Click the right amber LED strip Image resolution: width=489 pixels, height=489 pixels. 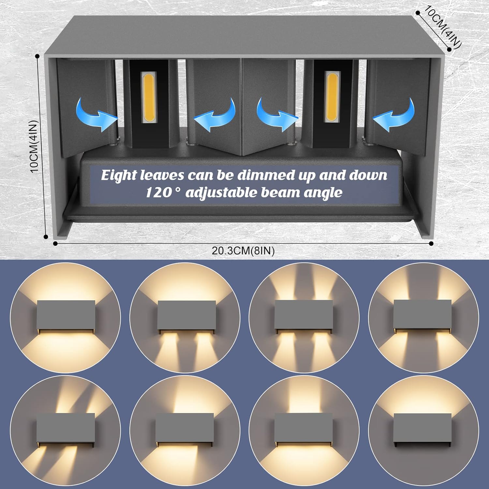(x=332, y=97)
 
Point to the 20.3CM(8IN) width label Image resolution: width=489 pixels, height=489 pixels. (x=243, y=251)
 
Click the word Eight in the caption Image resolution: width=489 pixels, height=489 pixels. (x=119, y=176)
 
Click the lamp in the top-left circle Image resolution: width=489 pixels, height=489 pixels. (x=67, y=315)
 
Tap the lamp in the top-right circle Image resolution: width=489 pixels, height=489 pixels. (x=422, y=315)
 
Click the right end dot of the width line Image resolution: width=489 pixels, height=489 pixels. (x=431, y=243)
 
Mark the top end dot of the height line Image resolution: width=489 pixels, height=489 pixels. (x=37, y=56)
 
